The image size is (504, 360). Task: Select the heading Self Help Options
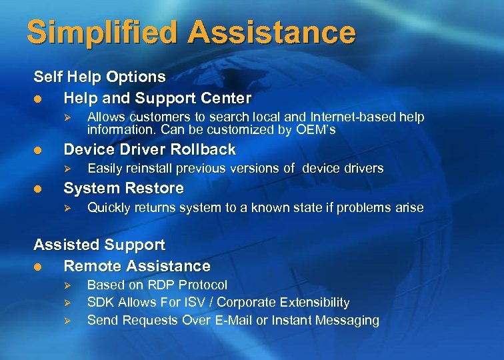point(99,77)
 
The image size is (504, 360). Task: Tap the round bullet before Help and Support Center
point(38,99)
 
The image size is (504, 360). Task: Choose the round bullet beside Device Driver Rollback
point(38,149)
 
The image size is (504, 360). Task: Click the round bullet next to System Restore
point(38,189)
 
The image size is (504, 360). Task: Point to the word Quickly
point(109,207)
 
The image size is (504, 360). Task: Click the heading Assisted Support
point(99,245)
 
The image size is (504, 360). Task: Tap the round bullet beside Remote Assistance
point(38,267)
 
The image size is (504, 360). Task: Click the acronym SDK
point(100,303)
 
